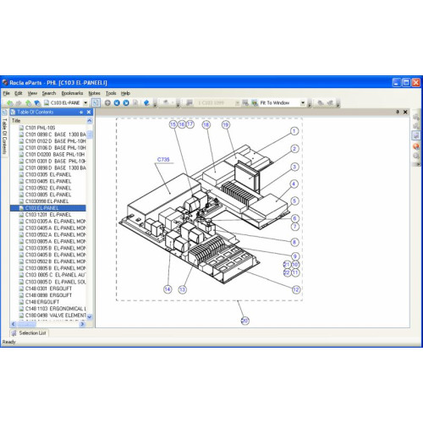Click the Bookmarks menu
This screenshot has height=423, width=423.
(72, 93)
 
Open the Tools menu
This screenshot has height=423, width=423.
(111, 93)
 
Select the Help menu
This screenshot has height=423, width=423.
(125, 93)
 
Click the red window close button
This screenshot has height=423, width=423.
(415, 82)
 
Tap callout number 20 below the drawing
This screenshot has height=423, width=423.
(244, 320)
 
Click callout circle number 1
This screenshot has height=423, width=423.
(294, 131)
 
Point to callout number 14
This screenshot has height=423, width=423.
(168, 289)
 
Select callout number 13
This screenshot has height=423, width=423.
(182, 289)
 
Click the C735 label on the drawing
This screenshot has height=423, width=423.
(163, 158)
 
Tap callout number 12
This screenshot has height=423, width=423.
(296, 288)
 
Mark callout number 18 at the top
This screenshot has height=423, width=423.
(206, 124)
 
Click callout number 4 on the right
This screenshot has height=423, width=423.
(294, 184)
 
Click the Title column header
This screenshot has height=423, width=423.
(16, 120)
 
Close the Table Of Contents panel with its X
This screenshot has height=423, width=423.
(89, 112)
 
